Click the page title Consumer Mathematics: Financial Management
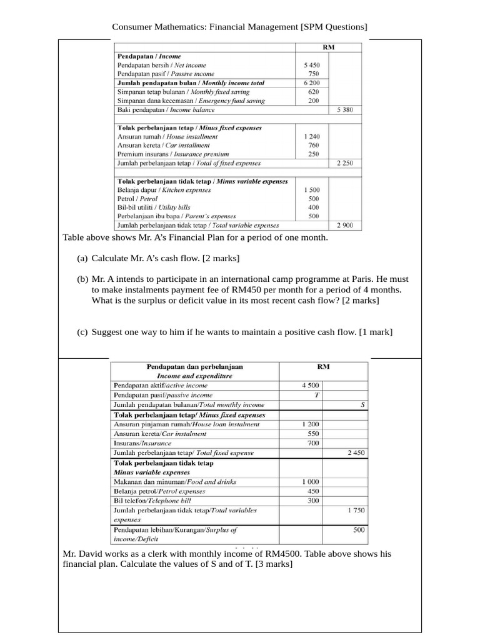click(239, 27)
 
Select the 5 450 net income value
click(311, 65)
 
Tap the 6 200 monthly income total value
click(311, 82)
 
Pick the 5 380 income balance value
click(345, 110)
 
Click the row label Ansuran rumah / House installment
click(167, 136)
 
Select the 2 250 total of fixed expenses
click(345, 163)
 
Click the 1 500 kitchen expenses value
click(311, 190)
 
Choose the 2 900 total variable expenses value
click(345, 226)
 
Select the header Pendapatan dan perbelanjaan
click(194, 367)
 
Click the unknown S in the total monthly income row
click(363, 405)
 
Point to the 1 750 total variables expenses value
click(356, 511)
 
